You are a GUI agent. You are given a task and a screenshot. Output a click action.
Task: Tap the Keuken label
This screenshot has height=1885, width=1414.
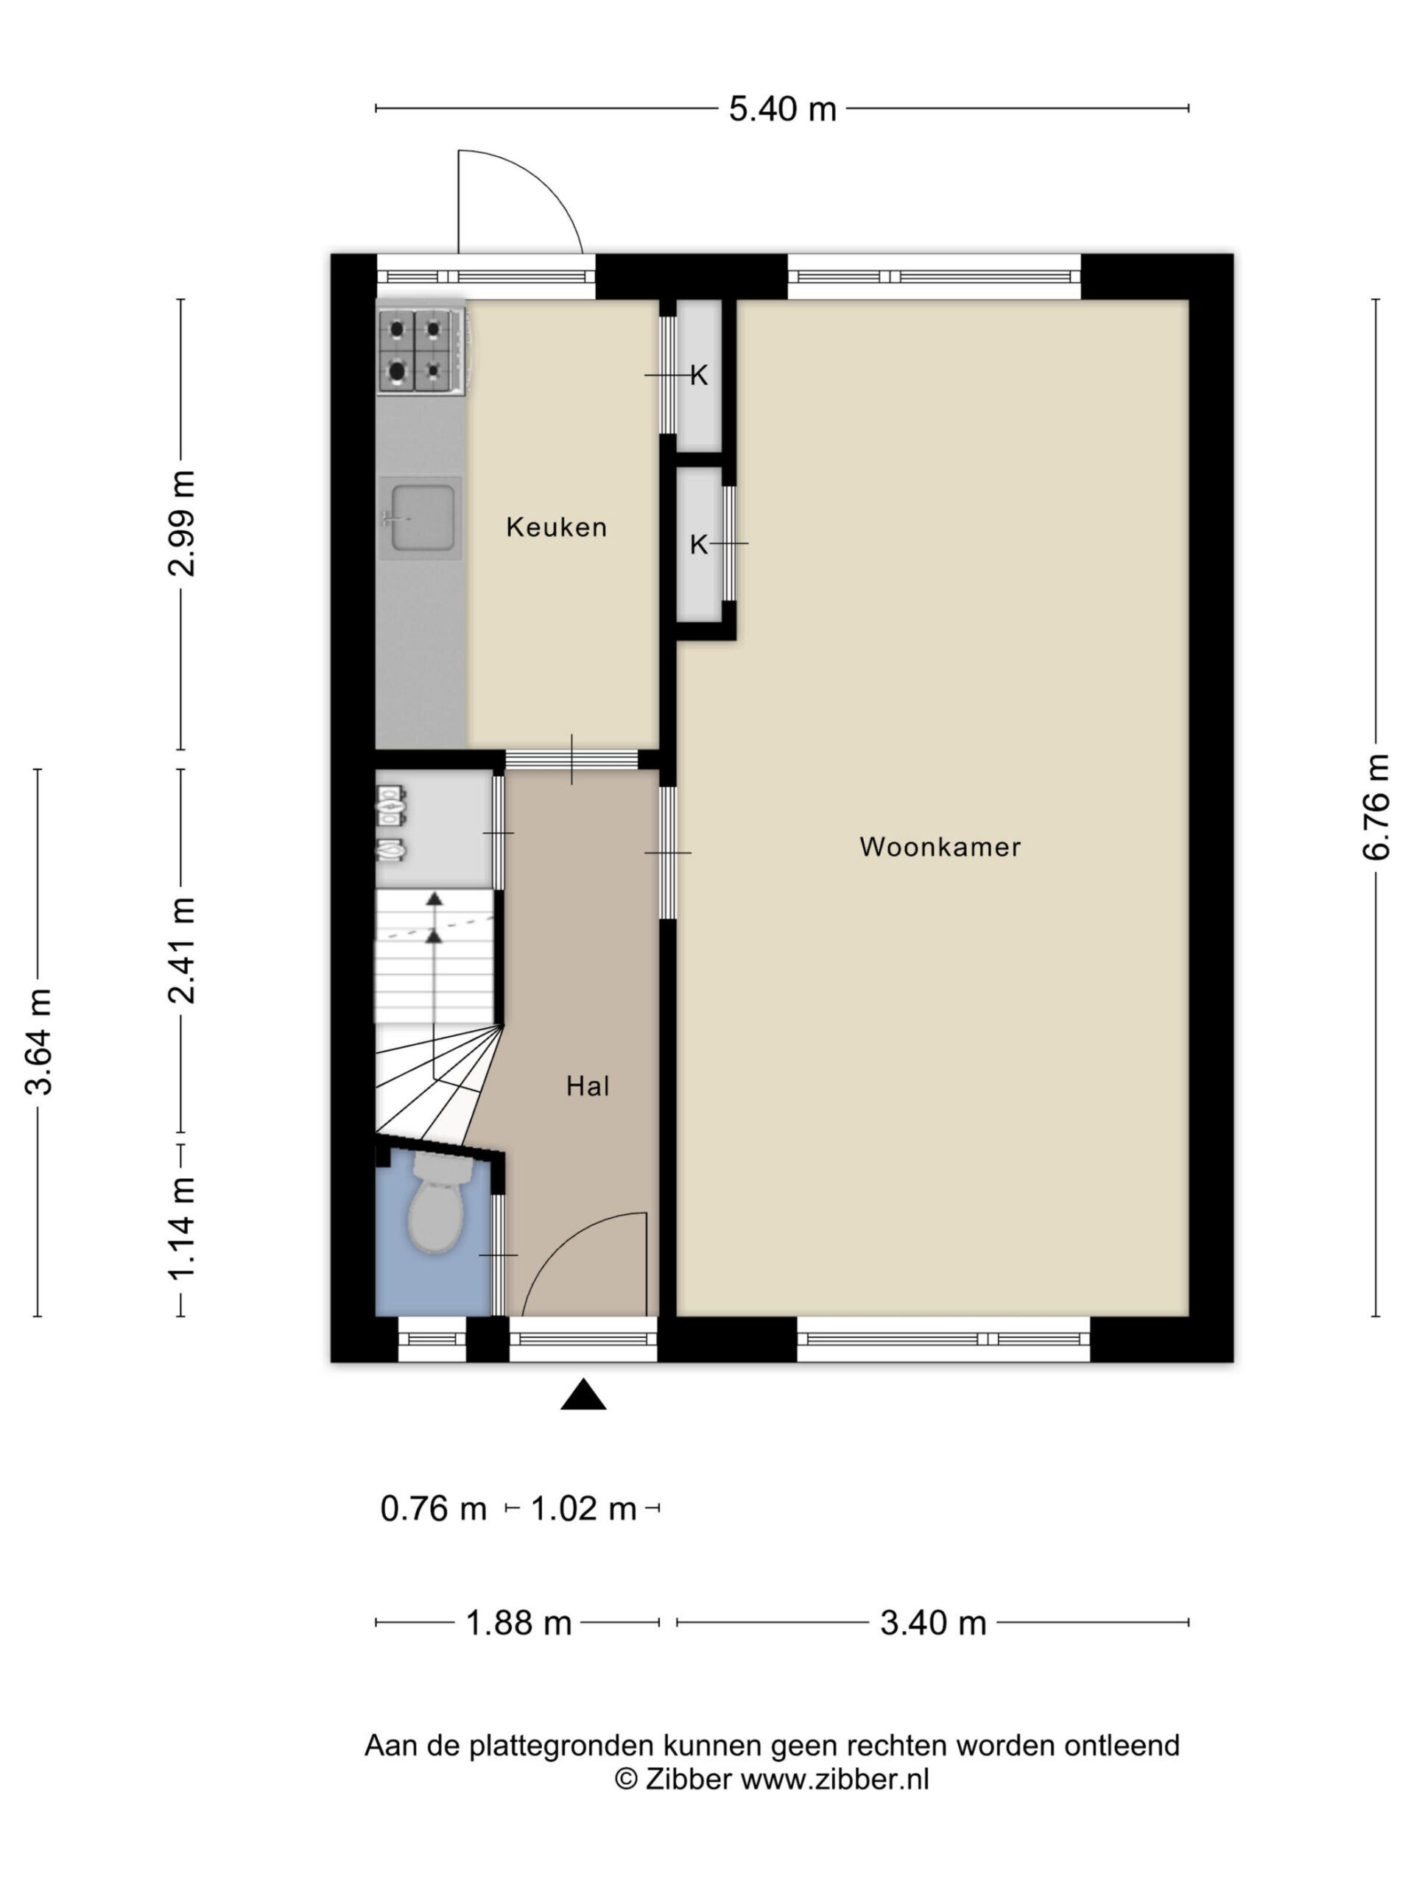click(557, 527)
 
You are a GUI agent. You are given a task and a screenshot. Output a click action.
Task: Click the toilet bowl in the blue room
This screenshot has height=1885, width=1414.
click(437, 1202)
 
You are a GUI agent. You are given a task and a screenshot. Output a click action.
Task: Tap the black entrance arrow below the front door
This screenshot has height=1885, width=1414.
click(583, 1395)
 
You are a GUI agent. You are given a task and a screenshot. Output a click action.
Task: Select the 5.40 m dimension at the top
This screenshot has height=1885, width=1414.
click(782, 109)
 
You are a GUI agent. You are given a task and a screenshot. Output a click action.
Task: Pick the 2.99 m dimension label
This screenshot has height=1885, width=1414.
click(183, 524)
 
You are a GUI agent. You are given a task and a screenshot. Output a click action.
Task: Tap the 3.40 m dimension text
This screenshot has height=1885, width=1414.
click(933, 1624)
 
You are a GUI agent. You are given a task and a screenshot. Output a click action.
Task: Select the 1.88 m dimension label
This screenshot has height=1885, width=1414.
click(518, 1624)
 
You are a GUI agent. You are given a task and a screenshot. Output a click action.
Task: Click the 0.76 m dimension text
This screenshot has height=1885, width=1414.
click(433, 1509)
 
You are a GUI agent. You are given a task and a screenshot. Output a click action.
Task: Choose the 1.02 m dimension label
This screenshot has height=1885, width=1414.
click(584, 1509)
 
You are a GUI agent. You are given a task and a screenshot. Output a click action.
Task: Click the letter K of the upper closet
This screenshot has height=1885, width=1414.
click(699, 375)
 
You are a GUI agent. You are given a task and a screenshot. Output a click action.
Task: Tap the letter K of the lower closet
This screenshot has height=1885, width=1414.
click(699, 545)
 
